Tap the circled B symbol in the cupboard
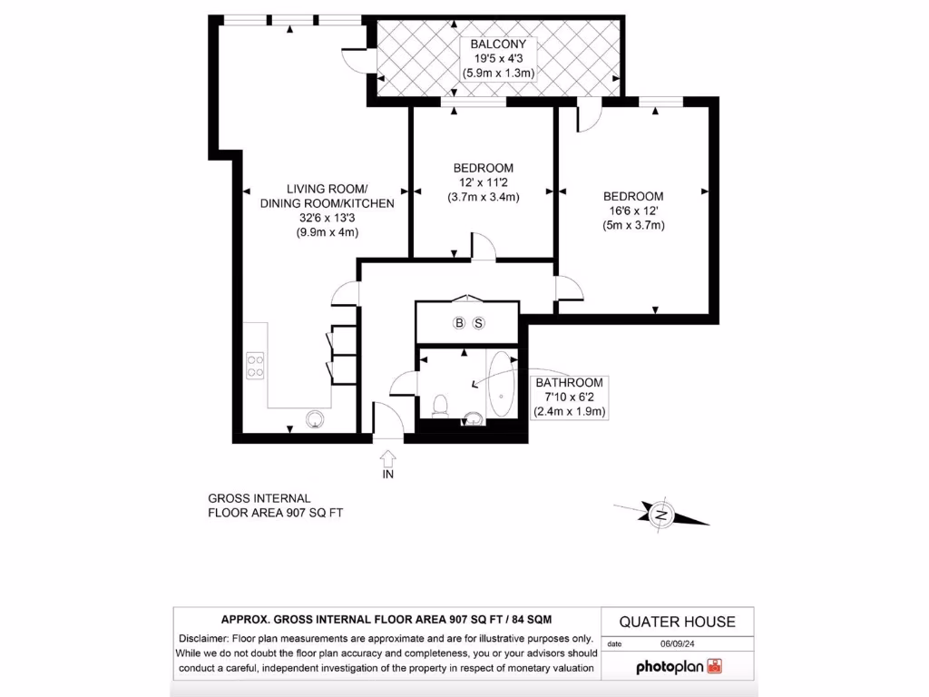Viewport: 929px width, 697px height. [459, 323]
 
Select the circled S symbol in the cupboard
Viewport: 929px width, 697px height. [479, 323]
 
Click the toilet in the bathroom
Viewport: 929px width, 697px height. [440, 404]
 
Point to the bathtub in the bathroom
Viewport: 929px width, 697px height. [501, 386]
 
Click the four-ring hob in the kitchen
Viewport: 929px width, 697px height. [255, 365]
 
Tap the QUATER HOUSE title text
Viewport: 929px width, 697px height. [677, 622]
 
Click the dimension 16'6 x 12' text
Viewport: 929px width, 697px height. [633, 211]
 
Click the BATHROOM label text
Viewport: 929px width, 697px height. [569, 383]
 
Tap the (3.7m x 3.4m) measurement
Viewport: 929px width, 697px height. [483, 197]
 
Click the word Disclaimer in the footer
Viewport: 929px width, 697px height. [208, 637]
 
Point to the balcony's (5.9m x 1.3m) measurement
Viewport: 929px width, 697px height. [498, 72]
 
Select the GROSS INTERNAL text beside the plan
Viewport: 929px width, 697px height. [259, 498]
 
